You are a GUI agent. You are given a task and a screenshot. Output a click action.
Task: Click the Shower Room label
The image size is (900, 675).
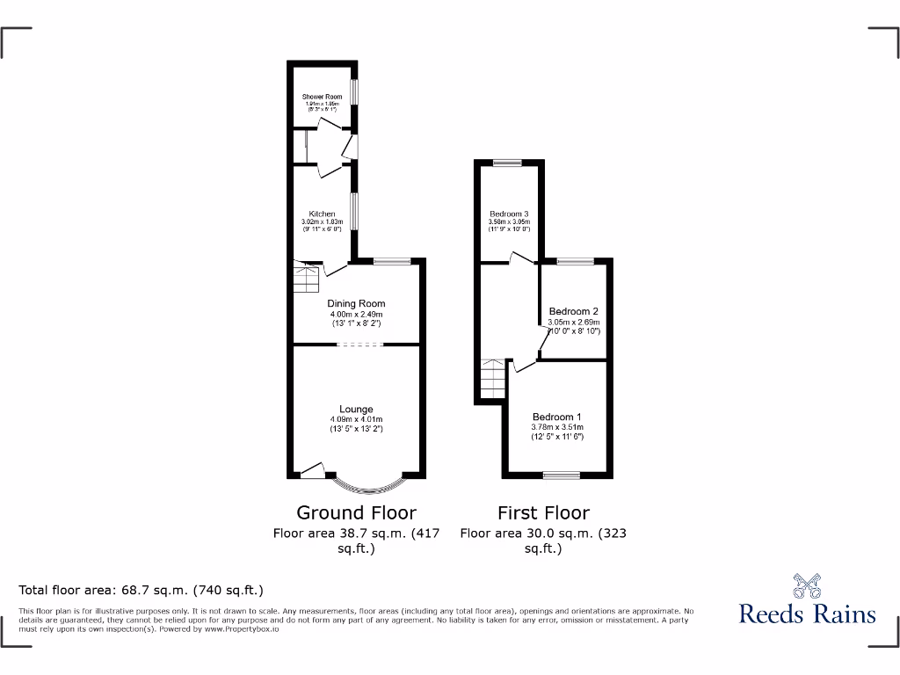(322, 97)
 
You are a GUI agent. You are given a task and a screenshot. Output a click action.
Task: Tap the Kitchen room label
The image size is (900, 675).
(322, 214)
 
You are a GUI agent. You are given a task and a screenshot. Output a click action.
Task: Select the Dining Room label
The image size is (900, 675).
(357, 304)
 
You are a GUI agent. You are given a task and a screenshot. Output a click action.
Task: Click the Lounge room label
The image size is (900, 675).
(357, 409)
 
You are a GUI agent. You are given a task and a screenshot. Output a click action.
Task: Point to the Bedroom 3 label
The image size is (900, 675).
(509, 214)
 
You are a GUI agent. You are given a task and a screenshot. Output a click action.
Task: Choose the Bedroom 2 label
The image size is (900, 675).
(574, 311)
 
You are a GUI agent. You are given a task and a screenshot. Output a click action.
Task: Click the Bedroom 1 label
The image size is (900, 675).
(557, 417)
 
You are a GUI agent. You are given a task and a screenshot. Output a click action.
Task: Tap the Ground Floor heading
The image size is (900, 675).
(356, 512)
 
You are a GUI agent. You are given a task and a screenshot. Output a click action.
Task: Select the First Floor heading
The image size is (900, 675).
(543, 512)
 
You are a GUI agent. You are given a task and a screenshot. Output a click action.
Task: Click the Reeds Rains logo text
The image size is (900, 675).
(807, 613)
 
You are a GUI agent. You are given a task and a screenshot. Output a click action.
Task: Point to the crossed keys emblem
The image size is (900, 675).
(808, 584)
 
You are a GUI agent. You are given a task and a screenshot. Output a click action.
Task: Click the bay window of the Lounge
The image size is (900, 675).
(370, 486)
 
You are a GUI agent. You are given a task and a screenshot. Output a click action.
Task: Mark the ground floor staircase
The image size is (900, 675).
(306, 280)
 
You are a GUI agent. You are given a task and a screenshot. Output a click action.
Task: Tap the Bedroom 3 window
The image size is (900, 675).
(507, 162)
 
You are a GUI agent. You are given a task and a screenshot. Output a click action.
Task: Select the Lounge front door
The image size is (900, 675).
(313, 471)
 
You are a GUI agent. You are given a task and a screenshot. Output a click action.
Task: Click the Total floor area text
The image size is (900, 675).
(142, 590)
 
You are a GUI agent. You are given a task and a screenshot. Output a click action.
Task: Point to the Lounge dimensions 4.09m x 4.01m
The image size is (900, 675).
(357, 419)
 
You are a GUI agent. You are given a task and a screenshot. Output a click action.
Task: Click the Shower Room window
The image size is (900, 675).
(354, 92)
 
